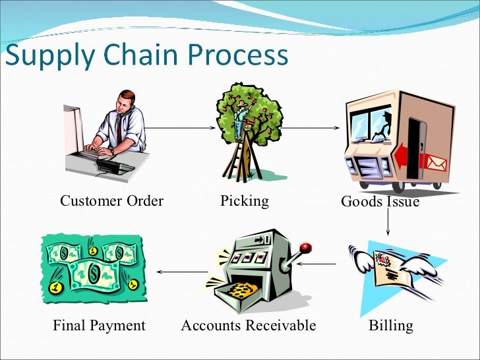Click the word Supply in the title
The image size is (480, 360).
pos(49,57)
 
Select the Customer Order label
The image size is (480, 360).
pos(111,200)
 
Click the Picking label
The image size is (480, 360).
pos(245,200)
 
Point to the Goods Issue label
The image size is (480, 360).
pos(380,202)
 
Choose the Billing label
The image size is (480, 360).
pos(392,325)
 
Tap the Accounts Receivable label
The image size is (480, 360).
pos(249,325)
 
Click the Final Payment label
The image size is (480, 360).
pos(99,325)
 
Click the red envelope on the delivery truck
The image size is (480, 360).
pos(436,162)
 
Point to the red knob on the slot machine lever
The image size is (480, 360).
pos(305,249)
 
